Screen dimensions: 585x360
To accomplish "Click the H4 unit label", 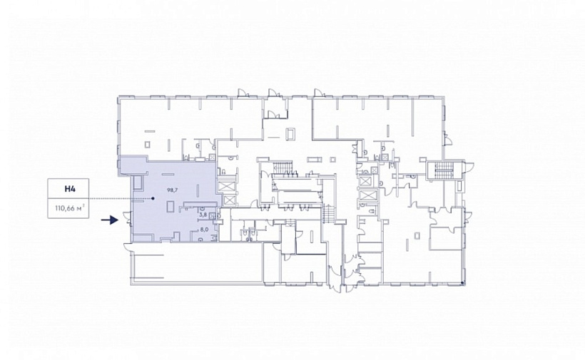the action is (70, 189).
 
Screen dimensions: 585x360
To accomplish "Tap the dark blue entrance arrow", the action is (110, 220).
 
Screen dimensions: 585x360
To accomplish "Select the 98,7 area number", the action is (173, 190).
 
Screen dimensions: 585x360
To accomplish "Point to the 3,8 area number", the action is (203, 215).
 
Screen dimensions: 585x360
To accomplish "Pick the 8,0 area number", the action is (204, 230).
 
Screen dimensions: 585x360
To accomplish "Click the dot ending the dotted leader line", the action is (153, 199).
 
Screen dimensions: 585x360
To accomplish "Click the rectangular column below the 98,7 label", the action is (170, 207).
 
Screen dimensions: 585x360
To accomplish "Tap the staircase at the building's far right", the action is (444, 170).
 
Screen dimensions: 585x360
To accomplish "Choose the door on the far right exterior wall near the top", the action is (448, 138).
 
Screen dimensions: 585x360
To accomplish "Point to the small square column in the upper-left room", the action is (148, 144).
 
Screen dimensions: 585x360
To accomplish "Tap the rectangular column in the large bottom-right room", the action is (418, 235).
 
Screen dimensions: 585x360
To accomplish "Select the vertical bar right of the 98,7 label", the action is (198, 190).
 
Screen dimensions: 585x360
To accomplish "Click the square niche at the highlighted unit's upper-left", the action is (137, 182).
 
